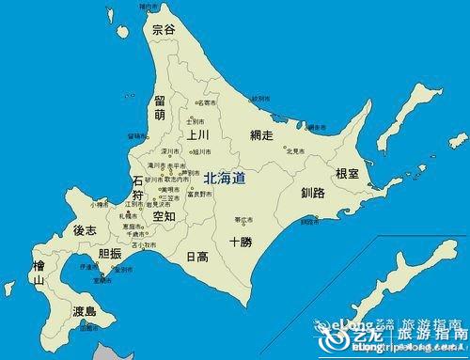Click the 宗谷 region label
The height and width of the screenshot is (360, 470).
click(x=164, y=30)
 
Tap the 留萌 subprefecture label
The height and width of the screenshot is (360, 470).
click(x=161, y=107)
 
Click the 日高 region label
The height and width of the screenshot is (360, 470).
click(x=196, y=256)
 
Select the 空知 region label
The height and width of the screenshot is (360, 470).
click(x=164, y=216)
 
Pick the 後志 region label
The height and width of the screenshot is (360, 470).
click(x=85, y=230)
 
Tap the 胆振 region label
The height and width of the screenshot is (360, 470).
click(x=110, y=254)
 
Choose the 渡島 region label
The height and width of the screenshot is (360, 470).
click(x=85, y=311)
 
